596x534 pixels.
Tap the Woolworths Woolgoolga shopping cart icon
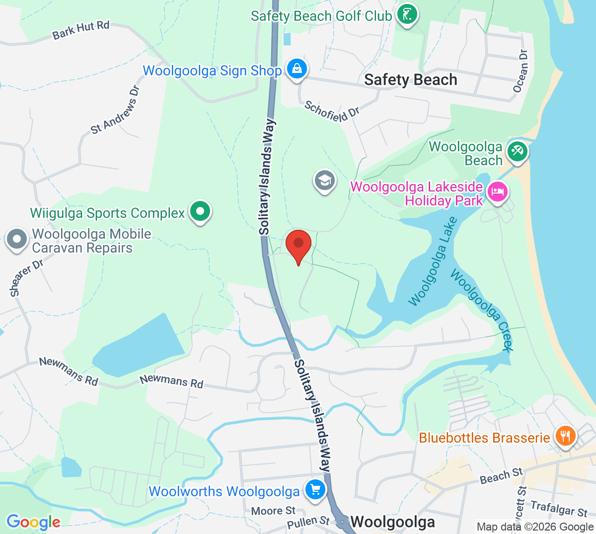click(315, 490)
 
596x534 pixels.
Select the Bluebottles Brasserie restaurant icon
click(565, 436)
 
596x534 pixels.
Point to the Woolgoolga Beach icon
click(517, 150)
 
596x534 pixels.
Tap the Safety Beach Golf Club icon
click(407, 14)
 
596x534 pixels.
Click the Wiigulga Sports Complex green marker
click(200, 211)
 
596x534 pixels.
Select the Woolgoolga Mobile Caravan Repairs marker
click(17, 239)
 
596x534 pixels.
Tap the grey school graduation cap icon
click(325, 180)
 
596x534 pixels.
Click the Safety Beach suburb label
click(410, 80)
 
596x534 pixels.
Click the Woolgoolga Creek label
click(481, 310)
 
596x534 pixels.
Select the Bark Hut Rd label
click(81, 30)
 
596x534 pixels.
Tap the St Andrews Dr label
click(115, 110)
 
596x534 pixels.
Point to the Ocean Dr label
click(521, 71)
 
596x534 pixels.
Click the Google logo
click(33, 522)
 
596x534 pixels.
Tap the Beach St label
click(501, 476)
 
